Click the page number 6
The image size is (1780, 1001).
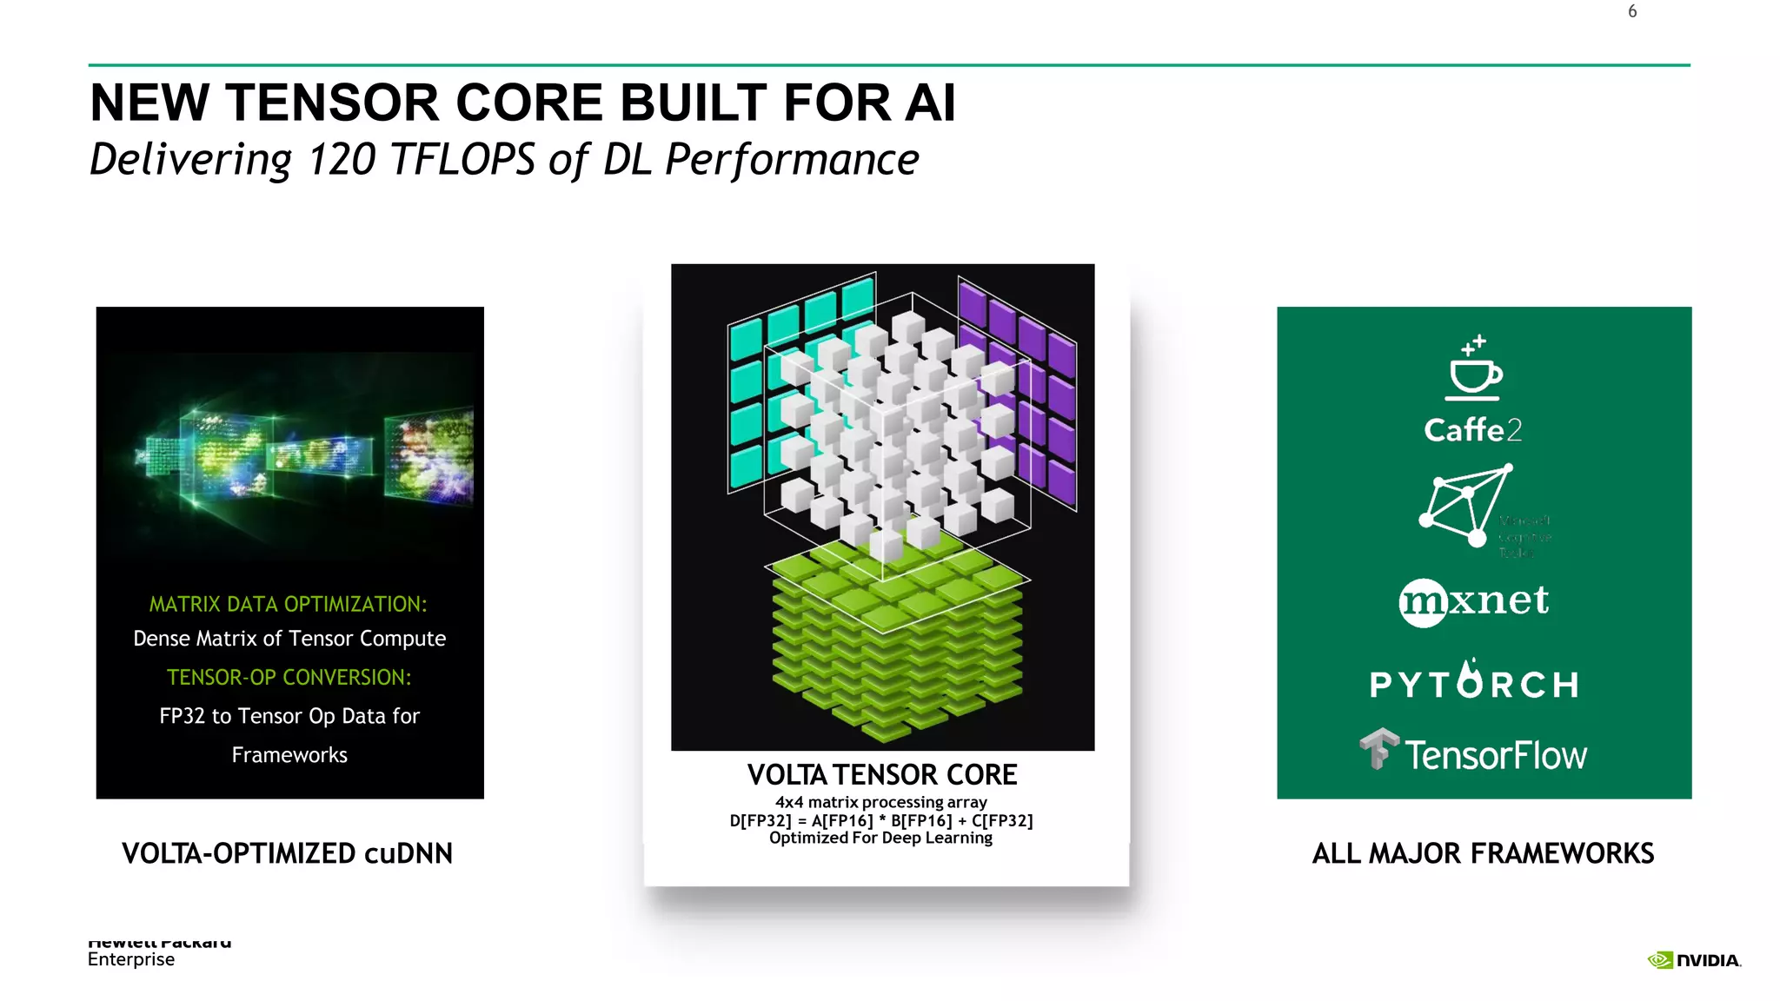pyautogui.click(x=1632, y=11)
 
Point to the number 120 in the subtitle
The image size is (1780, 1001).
pyautogui.click(x=342, y=160)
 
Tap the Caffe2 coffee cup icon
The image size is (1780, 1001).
pyautogui.click(x=1474, y=369)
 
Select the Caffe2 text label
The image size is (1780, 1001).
pyautogui.click(x=1473, y=429)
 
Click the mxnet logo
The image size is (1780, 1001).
pyautogui.click(x=1474, y=601)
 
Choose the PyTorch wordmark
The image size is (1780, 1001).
pyautogui.click(x=1474, y=683)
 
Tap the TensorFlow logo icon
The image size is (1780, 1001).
pyautogui.click(x=1379, y=748)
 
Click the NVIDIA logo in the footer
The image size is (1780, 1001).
pyautogui.click(x=1694, y=960)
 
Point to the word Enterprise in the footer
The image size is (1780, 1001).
pyautogui.click(x=131, y=959)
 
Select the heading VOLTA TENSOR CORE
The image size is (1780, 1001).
pyautogui.click(x=882, y=774)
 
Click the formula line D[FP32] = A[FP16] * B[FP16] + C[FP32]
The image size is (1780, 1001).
pyautogui.click(x=881, y=820)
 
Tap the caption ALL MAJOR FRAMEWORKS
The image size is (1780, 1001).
pyautogui.click(x=1483, y=853)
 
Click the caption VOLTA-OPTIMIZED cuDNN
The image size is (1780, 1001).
pyautogui.click(x=287, y=853)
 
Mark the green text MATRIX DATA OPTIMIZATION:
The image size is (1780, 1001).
pyautogui.click(x=289, y=604)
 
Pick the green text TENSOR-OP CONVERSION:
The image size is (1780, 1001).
pyautogui.click(x=289, y=677)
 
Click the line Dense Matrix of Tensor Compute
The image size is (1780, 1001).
pyautogui.click(x=289, y=639)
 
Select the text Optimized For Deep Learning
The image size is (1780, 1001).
pyautogui.click(x=880, y=838)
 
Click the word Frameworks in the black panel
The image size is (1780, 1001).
pyautogui.click(x=289, y=755)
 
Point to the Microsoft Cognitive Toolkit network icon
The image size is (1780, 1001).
pyautogui.click(x=1465, y=506)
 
